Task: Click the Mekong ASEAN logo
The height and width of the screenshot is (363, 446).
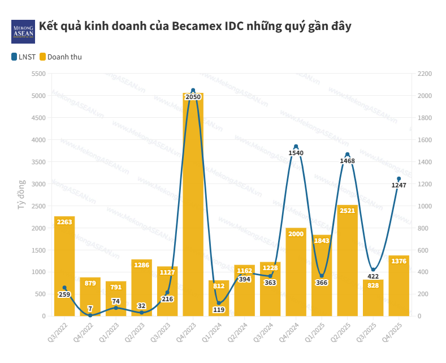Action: coord(23,32)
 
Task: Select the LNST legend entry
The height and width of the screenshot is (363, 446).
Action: coord(23,57)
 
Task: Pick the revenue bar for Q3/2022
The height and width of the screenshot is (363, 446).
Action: coord(64,266)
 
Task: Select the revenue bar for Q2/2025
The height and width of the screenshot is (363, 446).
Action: coord(348,260)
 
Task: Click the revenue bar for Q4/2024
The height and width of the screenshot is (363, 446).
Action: coord(296,272)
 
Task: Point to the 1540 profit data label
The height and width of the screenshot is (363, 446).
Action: coord(296,153)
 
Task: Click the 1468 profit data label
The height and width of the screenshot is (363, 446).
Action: coord(348,161)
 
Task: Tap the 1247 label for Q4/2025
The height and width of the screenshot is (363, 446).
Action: coord(399,185)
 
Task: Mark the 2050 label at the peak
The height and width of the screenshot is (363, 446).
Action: coord(193,97)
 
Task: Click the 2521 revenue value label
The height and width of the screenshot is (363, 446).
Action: coord(348,211)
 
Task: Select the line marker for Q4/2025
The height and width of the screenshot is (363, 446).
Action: coord(399,179)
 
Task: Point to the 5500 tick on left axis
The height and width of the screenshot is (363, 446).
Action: coord(38,74)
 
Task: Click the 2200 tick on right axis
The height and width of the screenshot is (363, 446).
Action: coord(425,74)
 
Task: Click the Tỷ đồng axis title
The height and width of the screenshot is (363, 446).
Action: coord(21,194)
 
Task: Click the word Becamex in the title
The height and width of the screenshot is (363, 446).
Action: coord(196,26)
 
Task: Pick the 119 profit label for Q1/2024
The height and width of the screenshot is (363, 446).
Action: coord(219,310)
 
